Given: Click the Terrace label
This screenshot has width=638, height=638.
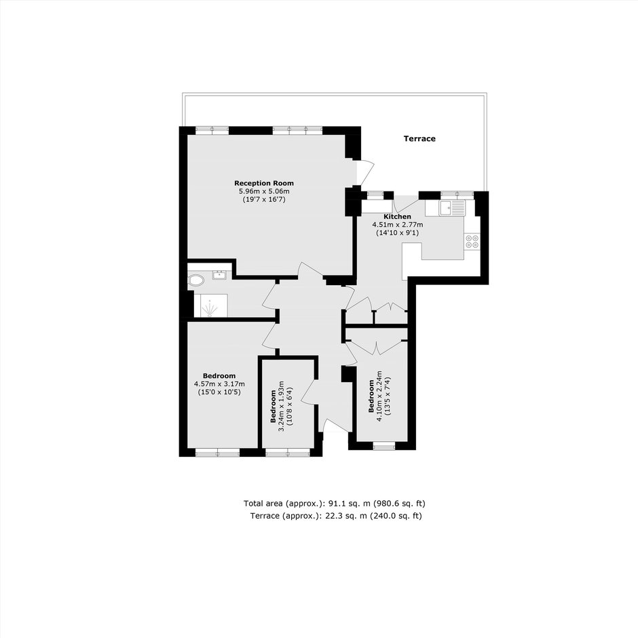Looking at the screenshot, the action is coord(419,138).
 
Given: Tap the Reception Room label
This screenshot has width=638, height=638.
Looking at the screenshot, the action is coord(263,183).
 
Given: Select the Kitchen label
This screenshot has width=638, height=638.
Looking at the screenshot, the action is coord(398,217).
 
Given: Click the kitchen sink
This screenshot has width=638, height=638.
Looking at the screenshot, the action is coord(451,208).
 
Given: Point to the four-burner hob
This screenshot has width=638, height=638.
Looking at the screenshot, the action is coord(472,241).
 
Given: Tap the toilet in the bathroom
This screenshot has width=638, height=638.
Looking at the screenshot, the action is coord(196,280).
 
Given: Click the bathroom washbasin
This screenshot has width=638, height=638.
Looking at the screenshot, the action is coord(220,275).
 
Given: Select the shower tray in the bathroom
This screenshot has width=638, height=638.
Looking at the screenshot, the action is coord(211,305).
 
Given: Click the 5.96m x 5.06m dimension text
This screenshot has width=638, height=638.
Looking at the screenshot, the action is coord(264,191).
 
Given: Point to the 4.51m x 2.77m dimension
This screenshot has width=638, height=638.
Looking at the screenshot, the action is coord(398,225).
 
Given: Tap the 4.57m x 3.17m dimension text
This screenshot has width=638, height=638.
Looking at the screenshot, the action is coord(219,383).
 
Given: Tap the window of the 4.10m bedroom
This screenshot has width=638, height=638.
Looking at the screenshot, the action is coord(384,447).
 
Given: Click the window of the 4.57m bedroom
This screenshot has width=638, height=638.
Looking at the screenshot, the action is coord(217,453).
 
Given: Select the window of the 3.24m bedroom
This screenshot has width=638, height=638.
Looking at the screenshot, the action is coord(288,453).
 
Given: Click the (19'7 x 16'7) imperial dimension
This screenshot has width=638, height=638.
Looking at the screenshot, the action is coord(264,200).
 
